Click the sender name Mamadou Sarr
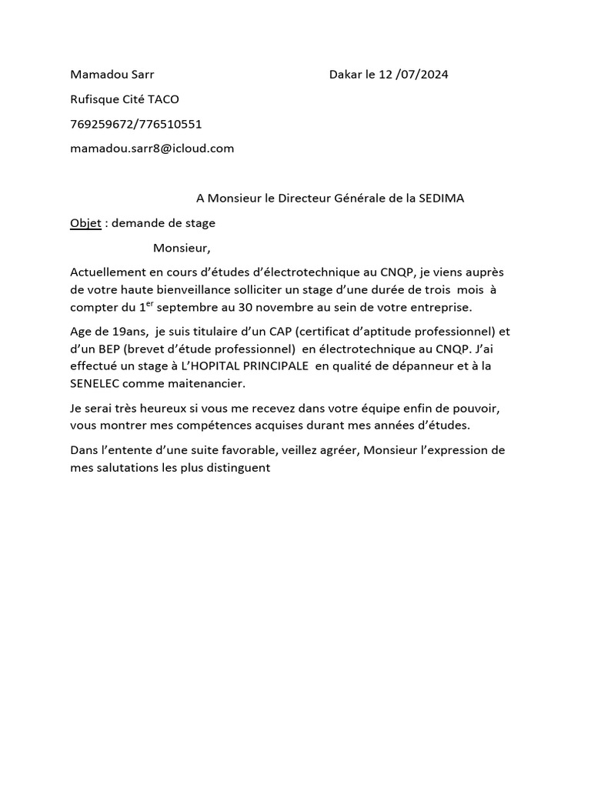pos(112,75)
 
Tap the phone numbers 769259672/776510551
pos(136,124)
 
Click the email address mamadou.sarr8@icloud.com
pos(152,149)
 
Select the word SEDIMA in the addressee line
pos(441,199)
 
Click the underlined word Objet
pos(85,223)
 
